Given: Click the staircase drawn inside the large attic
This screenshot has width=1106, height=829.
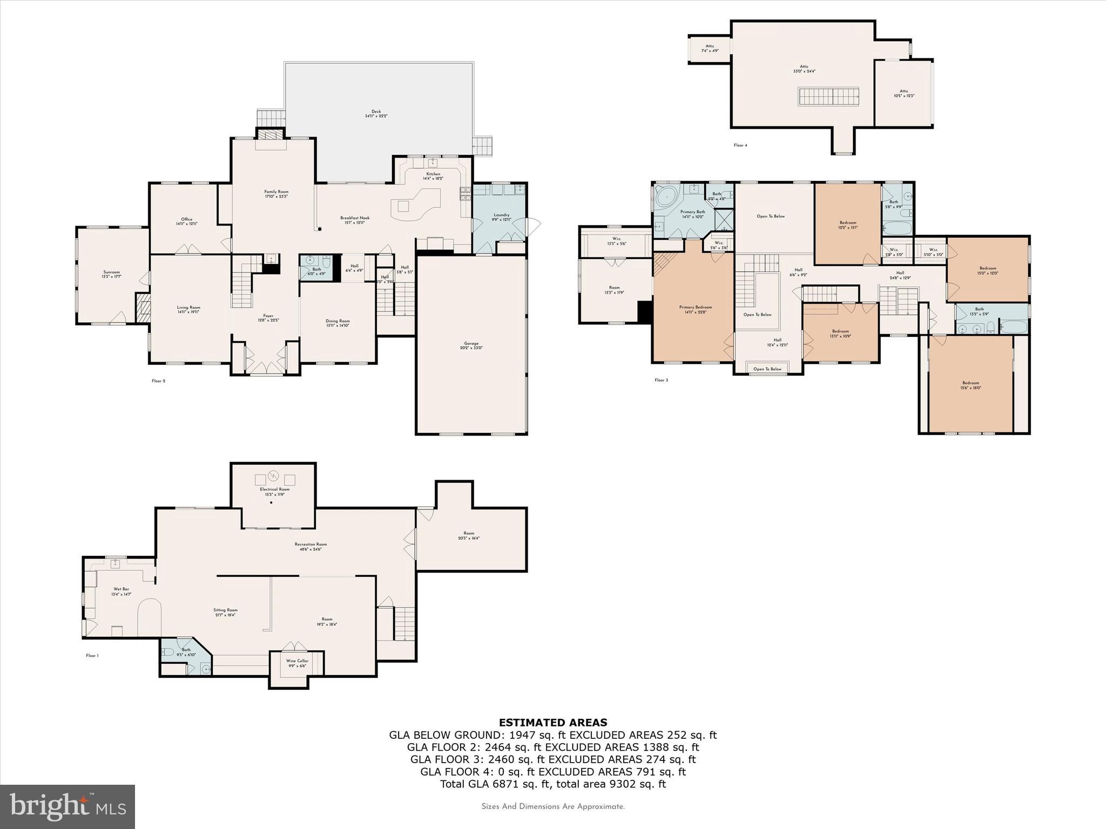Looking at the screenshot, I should [x=828, y=97].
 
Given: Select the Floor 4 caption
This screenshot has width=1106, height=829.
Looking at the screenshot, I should [x=740, y=145].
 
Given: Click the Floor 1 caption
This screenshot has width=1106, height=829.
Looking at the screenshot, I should [x=92, y=656].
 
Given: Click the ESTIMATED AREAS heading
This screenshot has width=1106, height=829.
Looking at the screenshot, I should [x=552, y=723].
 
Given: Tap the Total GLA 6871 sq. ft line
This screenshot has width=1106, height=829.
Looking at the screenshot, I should [x=552, y=784].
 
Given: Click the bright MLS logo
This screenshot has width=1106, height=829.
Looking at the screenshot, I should [x=68, y=807].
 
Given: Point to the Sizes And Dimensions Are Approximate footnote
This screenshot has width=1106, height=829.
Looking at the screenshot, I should [x=552, y=807].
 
